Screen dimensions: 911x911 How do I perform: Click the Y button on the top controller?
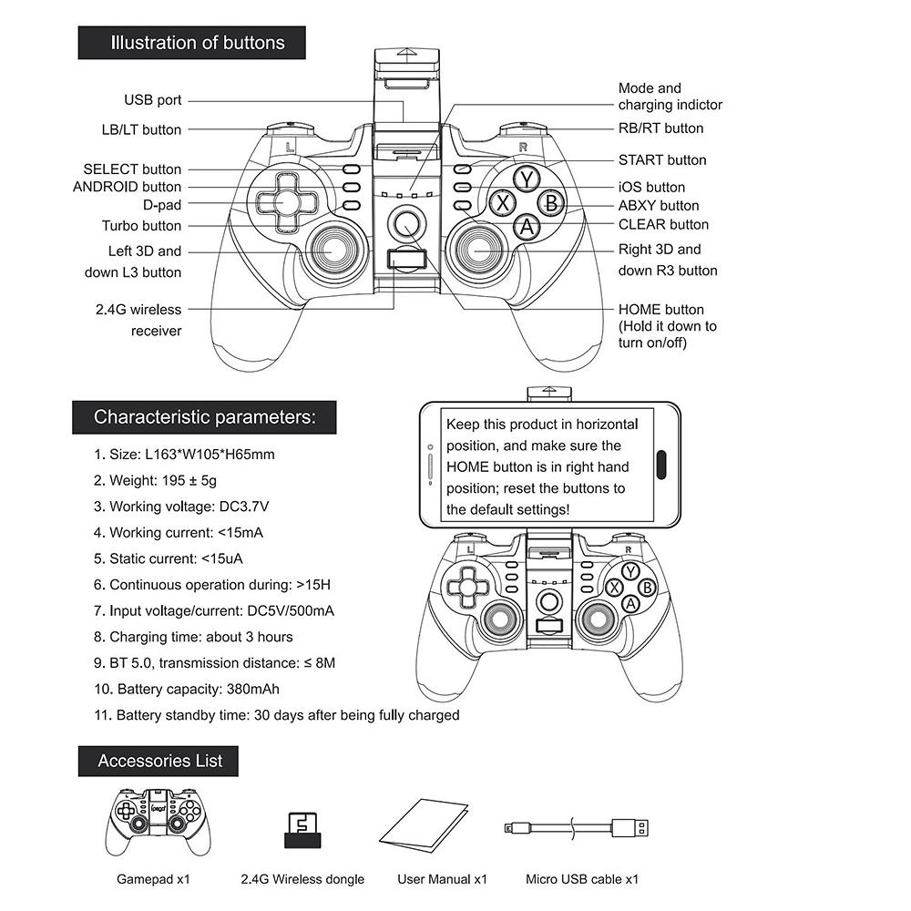tap(527, 178)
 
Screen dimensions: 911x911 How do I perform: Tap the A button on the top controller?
tap(527, 226)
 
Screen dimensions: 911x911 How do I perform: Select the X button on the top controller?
tap(502, 202)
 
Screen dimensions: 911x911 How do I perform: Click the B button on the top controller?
tap(551, 202)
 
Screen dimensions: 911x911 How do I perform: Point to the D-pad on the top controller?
tap(284, 200)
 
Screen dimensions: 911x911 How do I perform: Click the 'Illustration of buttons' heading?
tap(197, 43)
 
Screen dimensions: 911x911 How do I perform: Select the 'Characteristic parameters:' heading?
tap(205, 417)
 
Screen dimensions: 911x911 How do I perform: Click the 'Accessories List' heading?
tap(159, 761)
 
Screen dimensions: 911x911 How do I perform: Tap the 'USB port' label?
tap(153, 100)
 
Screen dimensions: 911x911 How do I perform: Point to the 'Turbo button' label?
tap(141, 226)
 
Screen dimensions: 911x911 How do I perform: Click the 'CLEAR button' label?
tap(663, 224)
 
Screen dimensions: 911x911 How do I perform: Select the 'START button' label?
tap(662, 160)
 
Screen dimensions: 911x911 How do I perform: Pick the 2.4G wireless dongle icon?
tap(302, 830)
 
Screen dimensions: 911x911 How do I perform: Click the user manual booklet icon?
tap(425, 825)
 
